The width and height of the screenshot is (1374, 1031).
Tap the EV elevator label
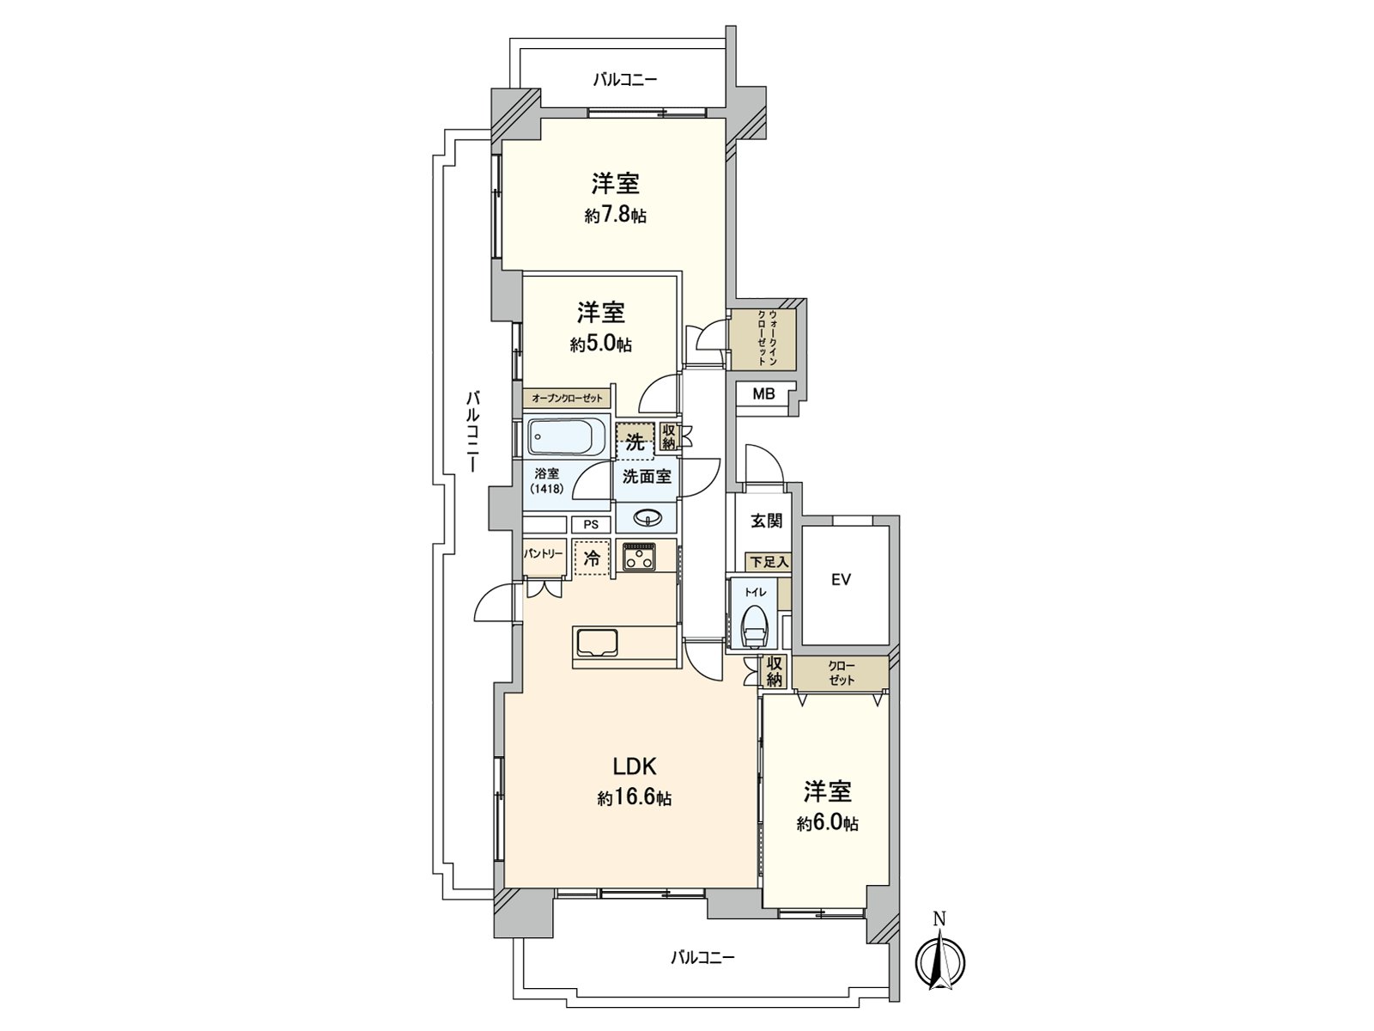point(841,580)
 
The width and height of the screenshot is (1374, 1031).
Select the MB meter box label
point(763,394)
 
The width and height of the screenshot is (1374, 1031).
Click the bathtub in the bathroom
point(567,437)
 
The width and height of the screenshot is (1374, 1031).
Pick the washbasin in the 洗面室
point(647,518)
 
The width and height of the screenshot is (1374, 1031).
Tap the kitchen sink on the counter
point(598,643)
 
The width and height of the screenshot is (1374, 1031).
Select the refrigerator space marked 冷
point(592,558)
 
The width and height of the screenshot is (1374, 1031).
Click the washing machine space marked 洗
point(635,442)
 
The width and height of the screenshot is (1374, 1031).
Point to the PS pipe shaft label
point(590,525)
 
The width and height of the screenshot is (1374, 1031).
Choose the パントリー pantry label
point(544,553)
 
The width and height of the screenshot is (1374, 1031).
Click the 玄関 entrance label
point(767,520)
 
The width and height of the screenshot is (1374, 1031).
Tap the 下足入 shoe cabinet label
point(769,562)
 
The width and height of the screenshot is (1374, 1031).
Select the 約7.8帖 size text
point(616,216)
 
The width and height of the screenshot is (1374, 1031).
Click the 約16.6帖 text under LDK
point(634,798)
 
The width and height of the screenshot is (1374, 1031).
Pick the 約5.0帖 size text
point(600,345)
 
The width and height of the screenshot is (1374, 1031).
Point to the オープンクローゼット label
point(567,398)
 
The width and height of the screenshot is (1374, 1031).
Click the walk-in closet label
point(768,338)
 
